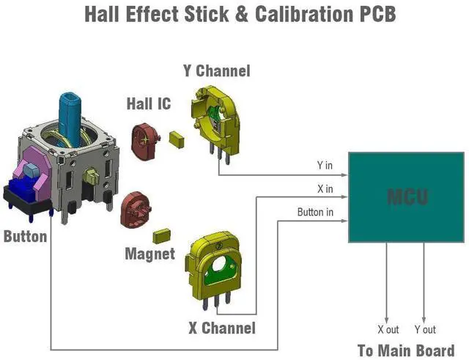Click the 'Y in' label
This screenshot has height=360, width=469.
(x=325, y=166)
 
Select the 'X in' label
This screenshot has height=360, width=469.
(x=325, y=189)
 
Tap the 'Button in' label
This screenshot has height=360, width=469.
(x=315, y=213)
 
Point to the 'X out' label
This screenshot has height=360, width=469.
(x=388, y=330)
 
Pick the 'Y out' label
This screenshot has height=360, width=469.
(x=425, y=330)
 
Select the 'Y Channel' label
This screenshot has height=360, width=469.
(x=216, y=71)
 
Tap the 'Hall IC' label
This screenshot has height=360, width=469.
(x=149, y=103)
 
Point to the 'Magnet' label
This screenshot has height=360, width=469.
(x=149, y=254)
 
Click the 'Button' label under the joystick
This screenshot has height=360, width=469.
(x=25, y=237)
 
